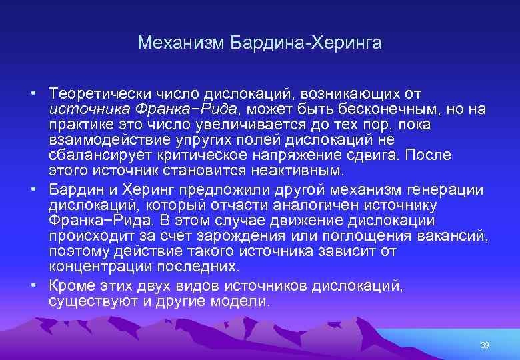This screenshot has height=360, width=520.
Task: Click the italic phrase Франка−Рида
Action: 183,109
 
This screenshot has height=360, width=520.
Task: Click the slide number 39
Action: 485,345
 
